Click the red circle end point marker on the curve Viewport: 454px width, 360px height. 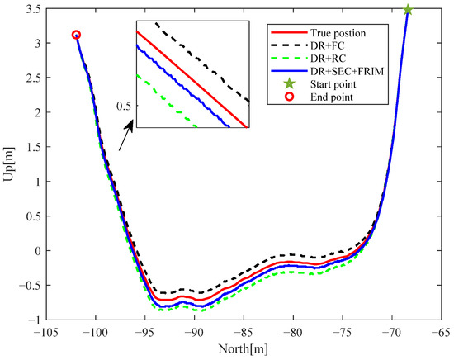pos(76,36)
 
